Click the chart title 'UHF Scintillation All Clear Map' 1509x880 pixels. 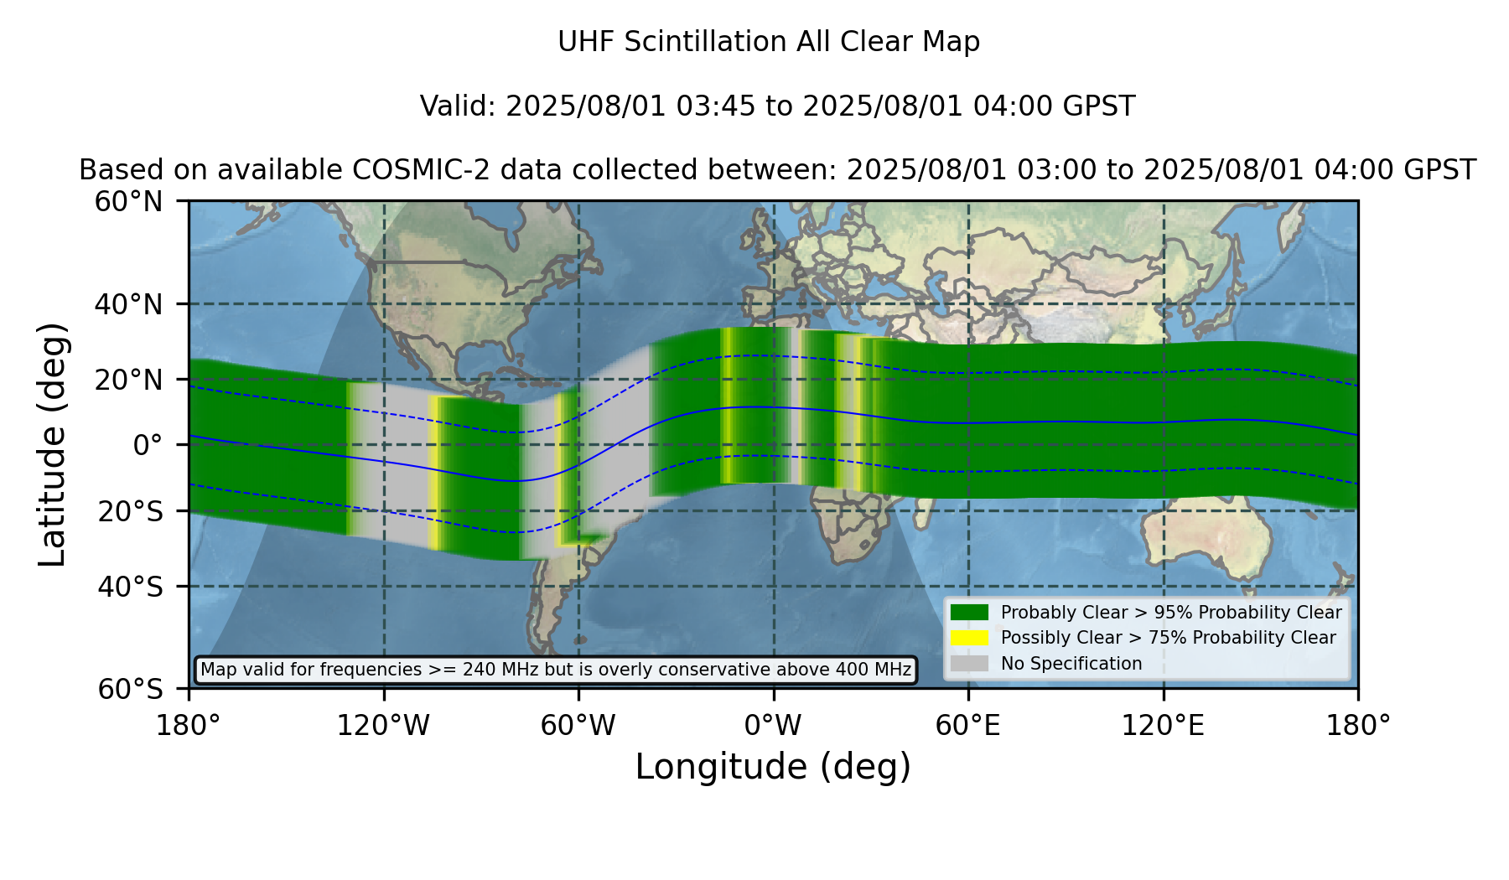(769, 42)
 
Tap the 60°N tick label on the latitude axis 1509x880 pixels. (129, 202)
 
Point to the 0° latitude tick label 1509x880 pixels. (148, 445)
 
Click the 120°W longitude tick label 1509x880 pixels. (383, 725)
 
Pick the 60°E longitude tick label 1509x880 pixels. (968, 725)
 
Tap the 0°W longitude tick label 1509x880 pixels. (773, 725)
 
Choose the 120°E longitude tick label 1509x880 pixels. (1164, 725)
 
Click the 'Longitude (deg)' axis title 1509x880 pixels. (773, 767)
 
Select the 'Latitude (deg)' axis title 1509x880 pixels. (52, 444)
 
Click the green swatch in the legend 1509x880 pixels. (970, 613)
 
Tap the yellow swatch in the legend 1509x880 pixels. (970, 638)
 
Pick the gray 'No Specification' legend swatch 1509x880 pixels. (970, 664)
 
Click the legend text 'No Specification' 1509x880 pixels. (1071, 664)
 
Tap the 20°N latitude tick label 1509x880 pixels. (129, 380)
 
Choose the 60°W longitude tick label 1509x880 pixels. (578, 725)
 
